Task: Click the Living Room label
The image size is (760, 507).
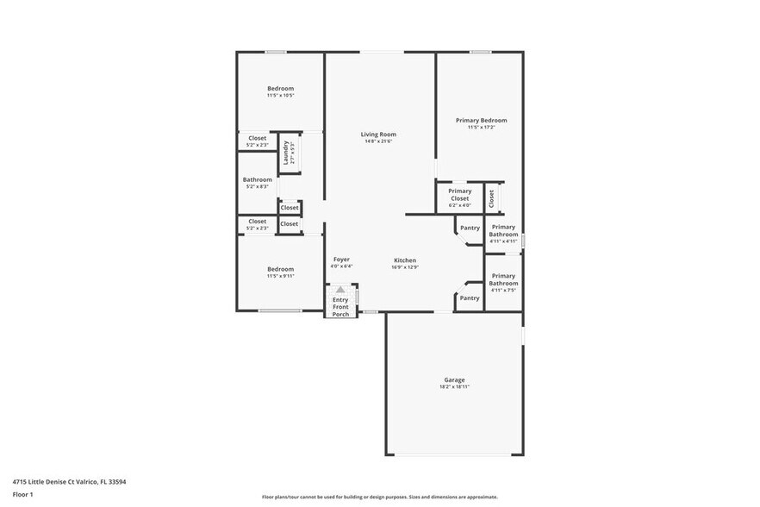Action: (378, 135)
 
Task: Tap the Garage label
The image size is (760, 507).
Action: (454, 380)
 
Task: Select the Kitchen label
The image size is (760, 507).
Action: (405, 260)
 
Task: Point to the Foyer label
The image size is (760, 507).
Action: (341, 260)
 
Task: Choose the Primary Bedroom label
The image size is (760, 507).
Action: (481, 121)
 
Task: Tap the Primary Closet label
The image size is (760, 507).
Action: (459, 195)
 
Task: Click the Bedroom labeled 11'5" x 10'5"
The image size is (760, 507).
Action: (280, 89)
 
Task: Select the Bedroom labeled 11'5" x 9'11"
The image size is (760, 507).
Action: (280, 269)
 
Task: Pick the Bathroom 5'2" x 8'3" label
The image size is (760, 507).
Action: (257, 180)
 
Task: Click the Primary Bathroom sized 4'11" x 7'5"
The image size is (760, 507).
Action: (503, 280)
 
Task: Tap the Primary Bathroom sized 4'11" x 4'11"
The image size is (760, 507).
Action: (503, 231)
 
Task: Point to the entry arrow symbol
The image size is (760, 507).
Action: (340, 291)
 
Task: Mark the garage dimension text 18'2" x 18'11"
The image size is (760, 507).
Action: (454, 387)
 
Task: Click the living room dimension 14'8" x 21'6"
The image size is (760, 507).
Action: (378, 141)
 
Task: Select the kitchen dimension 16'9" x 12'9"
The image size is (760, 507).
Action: (405, 267)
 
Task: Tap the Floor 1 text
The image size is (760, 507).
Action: (22, 495)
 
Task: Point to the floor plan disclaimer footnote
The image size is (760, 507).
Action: (379, 498)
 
